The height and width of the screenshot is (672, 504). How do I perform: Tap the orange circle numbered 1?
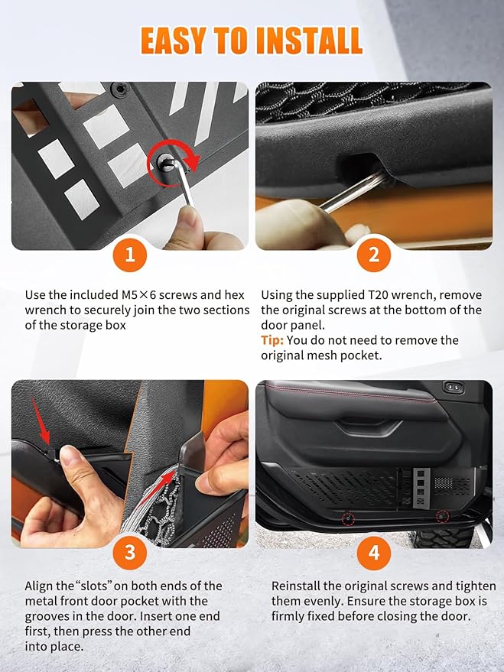tap(130, 255)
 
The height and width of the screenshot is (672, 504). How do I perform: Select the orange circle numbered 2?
tap(374, 255)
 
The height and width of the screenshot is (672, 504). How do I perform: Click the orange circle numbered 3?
tap(130, 553)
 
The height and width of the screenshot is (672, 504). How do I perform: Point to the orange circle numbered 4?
tap(374, 553)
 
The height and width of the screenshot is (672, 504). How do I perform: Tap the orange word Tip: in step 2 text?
tap(272, 340)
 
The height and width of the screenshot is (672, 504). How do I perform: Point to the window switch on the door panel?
tap(454, 388)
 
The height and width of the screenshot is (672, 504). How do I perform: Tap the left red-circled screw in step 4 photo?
tap(348, 518)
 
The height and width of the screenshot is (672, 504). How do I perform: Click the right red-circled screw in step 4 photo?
tap(442, 517)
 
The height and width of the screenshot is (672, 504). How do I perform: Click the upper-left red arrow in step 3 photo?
tap(40, 420)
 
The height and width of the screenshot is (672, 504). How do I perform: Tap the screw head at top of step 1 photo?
tap(119, 89)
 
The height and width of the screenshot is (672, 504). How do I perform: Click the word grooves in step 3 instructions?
tap(48, 617)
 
